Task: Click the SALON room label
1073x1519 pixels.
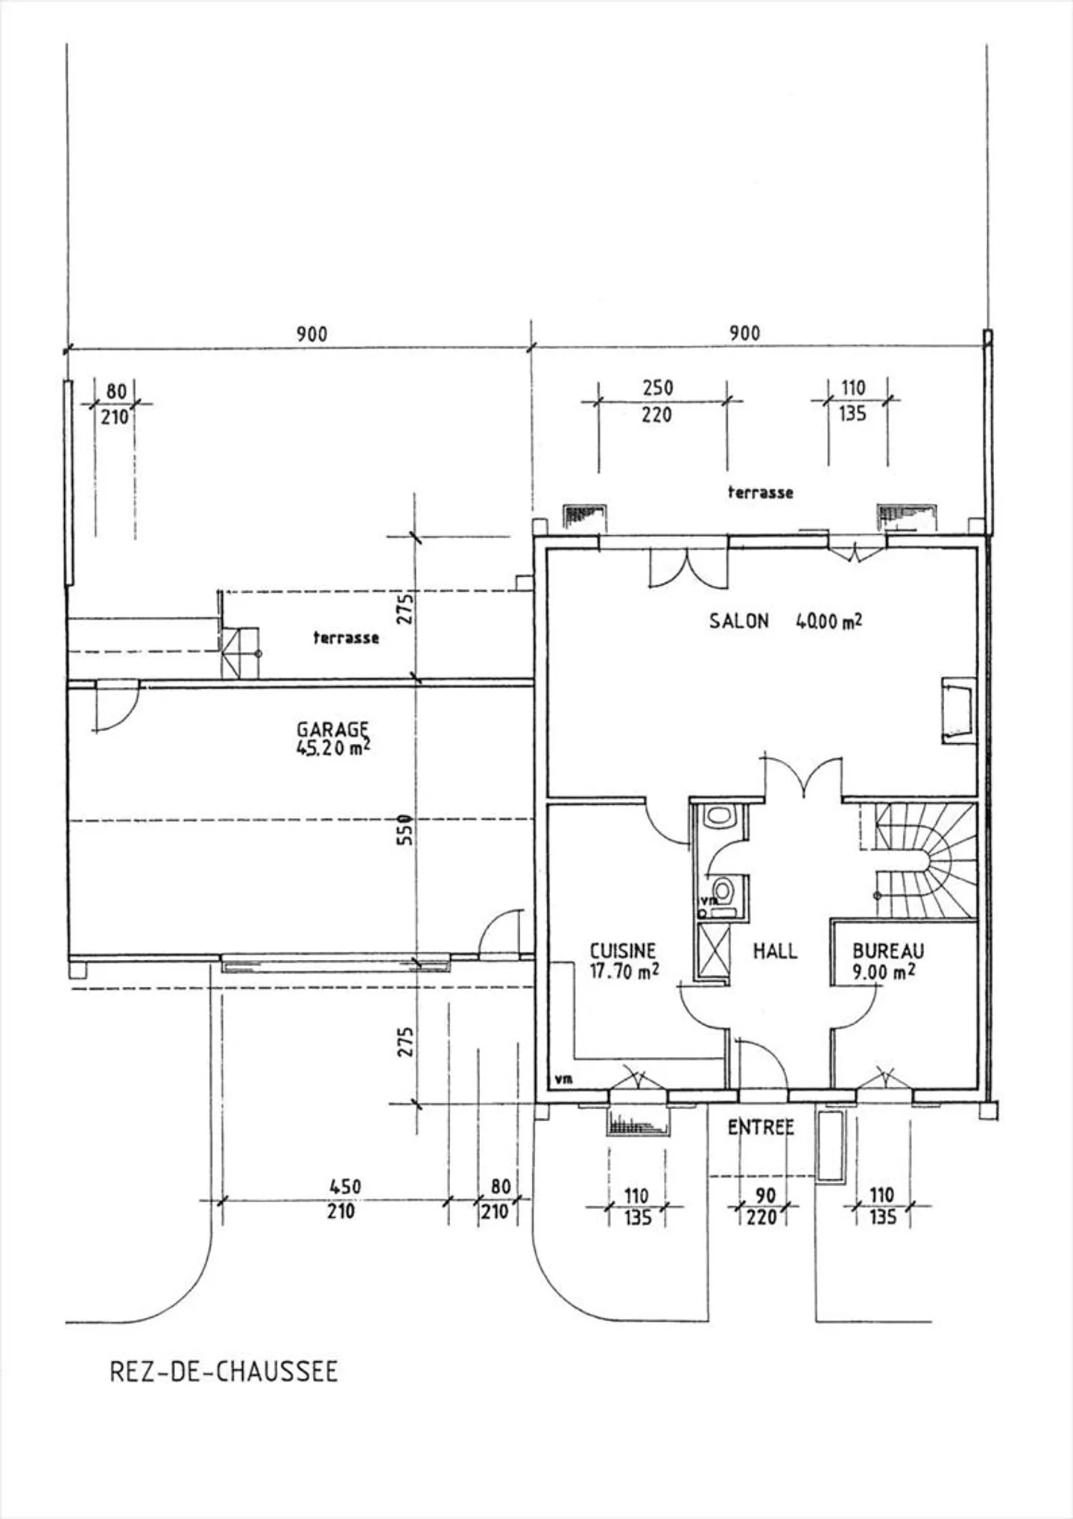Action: tap(738, 621)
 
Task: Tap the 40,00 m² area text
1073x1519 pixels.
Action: tap(829, 621)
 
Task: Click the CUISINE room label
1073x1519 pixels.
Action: tap(623, 951)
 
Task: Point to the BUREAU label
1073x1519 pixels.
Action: tap(887, 951)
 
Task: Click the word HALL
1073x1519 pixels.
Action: tap(775, 951)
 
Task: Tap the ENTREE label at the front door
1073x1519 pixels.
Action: tap(761, 1128)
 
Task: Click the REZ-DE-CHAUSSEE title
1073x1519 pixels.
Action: tap(224, 1372)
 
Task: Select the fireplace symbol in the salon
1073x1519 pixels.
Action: tap(958, 710)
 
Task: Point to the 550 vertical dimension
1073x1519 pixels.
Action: tap(405, 830)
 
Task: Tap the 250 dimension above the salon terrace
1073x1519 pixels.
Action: tap(657, 388)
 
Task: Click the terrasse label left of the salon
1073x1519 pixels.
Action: tap(346, 638)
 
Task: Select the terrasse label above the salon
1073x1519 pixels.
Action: tap(760, 492)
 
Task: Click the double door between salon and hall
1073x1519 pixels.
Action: tap(803, 779)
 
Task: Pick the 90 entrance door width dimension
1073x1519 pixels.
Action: tap(765, 1196)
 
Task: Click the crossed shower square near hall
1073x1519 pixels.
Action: tap(711, 952)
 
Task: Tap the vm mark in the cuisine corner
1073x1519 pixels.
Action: tap(564, 1079)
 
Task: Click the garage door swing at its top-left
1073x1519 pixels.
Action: tap(115, 706)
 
